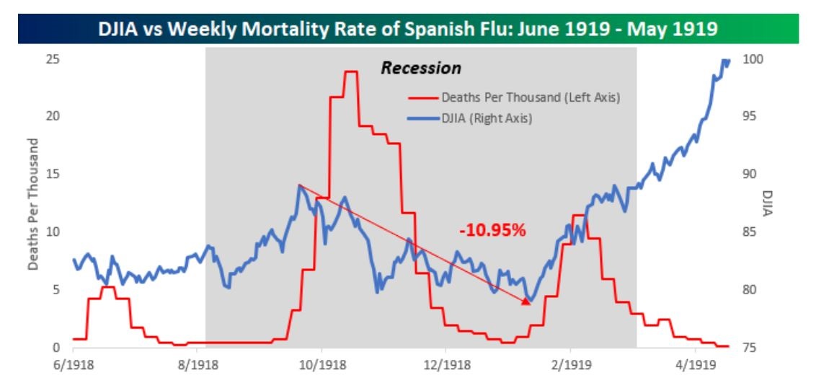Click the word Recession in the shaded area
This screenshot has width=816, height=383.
[x=420, y=69]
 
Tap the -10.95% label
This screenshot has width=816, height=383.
[x=493, y=231]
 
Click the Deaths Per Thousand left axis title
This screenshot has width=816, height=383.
[x=33, y=203]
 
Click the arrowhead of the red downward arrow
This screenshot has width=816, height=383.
[x=527, y=301]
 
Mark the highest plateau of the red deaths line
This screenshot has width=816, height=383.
[x=351, y=71]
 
